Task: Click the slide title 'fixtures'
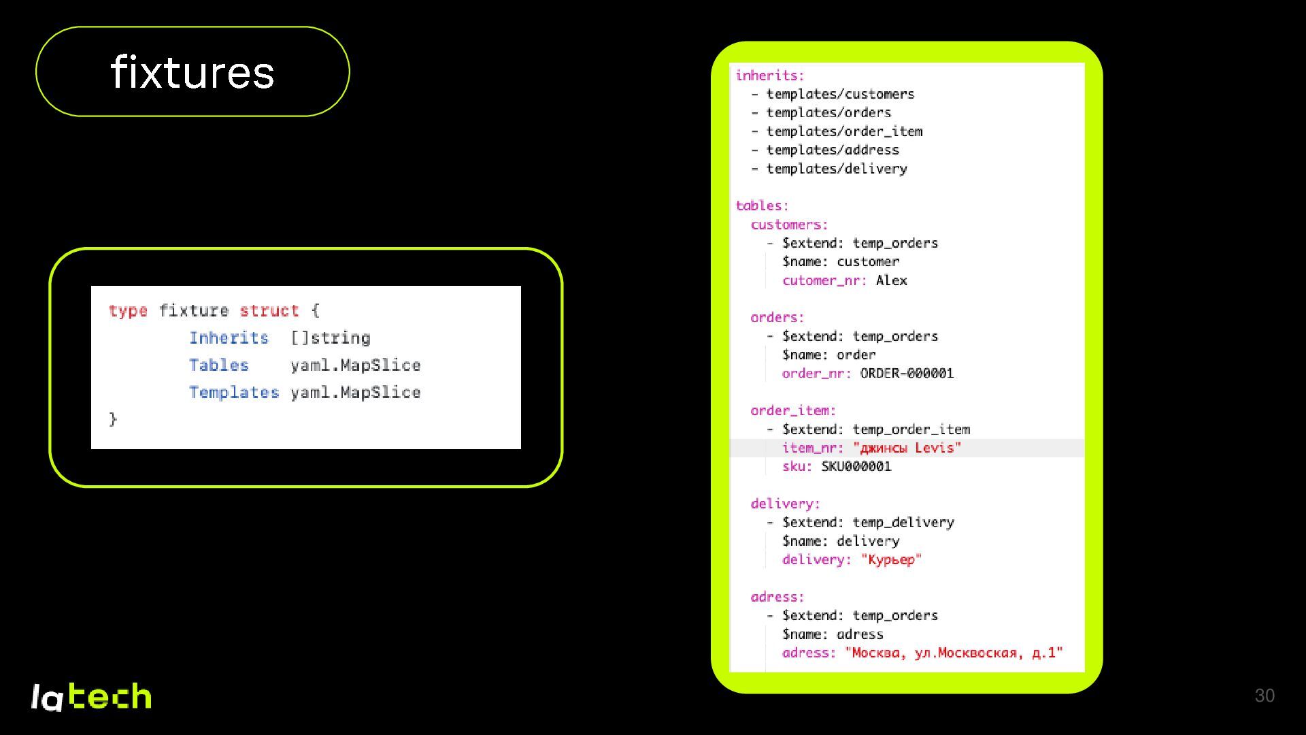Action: pos(192,72)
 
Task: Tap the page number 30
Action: pos(1265,696)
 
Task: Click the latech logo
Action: pos(91,697)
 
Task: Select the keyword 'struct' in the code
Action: pos(269,311)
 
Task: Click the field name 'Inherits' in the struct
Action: pos(229,338)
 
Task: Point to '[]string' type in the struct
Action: pos(331,338)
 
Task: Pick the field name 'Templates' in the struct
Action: pos(234,393)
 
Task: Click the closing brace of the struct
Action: pos(113,419)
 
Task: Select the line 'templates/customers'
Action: pos(840,94)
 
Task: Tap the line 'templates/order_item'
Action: pos(844,131)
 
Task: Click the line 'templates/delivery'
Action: pos(837,169)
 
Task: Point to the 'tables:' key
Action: pos(762,206)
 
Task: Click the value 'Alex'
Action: pos(891,280)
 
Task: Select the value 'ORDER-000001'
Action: pos(907,373)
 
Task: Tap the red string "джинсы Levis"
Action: pos(907,448)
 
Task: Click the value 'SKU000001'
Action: pos(856,466)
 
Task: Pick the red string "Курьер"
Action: pos(891,559)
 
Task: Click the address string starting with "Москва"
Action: pos(954,653)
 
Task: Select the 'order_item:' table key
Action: pos(793,410)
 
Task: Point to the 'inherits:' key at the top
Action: pos(770,76)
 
